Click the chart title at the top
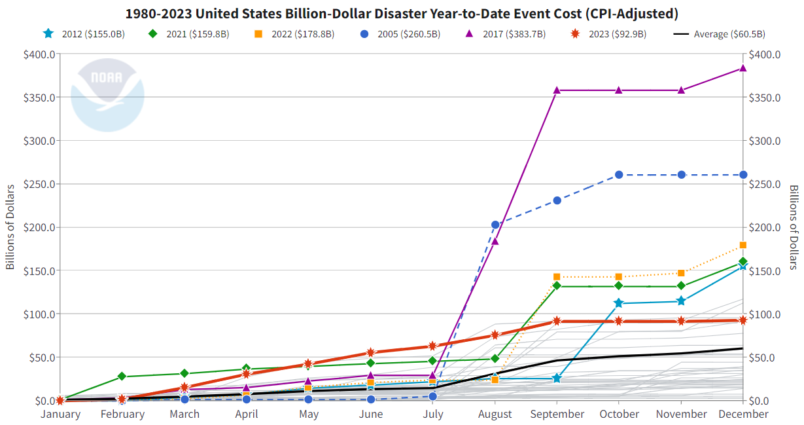click(x=402, y=14)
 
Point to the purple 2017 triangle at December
click(x=743, y=68)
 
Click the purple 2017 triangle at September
click(x=557, y=90)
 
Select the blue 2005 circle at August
click(x=495, y=225)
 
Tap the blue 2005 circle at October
click(x=619, y=175)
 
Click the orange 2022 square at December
click(x=743, y=246)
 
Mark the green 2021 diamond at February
click(x=122, y=377)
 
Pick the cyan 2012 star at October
click(x=619, y=303)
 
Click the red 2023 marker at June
click(x=370, y=353)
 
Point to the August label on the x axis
click(x=495, y=415)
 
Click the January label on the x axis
click(x=60, y=415)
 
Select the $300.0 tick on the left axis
click(x=38, y=141)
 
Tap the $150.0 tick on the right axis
click(x=765, y=271)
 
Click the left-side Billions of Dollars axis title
click(x=10, y=227)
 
